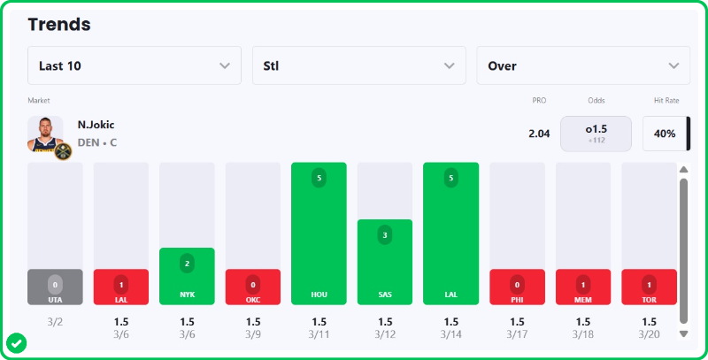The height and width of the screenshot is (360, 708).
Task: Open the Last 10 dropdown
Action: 134,65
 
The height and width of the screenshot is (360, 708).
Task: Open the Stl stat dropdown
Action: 358,65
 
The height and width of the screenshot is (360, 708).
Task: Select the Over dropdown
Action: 583,65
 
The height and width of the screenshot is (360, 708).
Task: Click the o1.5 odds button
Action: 596,134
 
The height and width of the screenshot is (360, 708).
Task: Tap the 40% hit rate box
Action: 665,134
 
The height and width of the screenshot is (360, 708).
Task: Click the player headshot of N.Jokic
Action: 46,135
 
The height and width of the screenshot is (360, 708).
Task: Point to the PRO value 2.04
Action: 539,134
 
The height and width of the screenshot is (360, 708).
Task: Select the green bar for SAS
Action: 385,262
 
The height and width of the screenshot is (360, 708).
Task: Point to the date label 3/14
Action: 450,334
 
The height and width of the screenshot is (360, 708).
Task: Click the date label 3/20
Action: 649,334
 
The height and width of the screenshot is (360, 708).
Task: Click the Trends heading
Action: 59,24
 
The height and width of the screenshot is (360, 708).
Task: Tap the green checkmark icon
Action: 15,341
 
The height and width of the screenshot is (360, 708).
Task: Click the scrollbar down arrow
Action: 683,333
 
